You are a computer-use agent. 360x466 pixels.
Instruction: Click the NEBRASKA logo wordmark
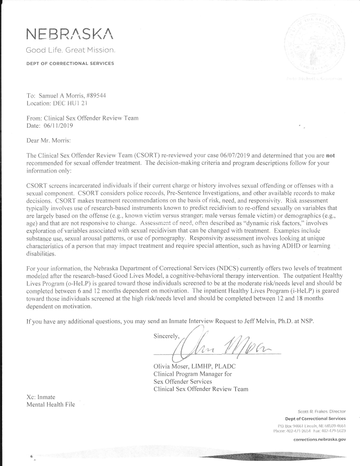coord(70,33)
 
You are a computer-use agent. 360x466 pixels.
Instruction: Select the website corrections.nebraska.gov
coord(320,439)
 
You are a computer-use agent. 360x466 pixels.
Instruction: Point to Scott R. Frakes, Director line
coord(322,412)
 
